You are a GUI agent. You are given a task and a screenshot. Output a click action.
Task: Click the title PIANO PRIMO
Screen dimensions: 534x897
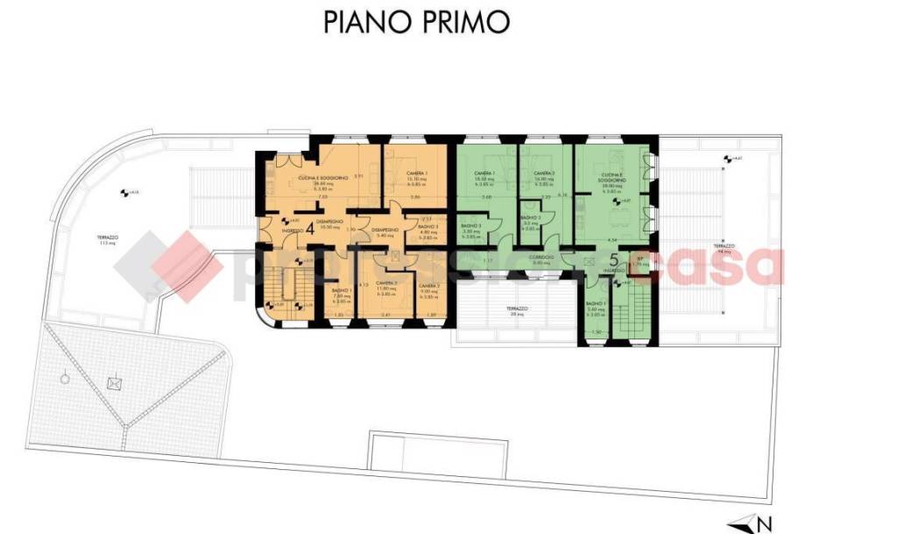[416, 22]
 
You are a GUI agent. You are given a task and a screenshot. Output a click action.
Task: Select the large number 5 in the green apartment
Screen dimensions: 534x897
[614, 260]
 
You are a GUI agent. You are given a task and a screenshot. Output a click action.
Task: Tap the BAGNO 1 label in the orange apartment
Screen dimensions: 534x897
[342, 291]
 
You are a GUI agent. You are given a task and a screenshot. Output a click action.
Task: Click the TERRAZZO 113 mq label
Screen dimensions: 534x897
[108, 240]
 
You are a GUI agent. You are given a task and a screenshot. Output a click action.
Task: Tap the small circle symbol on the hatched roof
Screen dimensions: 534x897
[65, 380]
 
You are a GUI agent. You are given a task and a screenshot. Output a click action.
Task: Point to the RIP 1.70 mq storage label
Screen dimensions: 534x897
[641, 261]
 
